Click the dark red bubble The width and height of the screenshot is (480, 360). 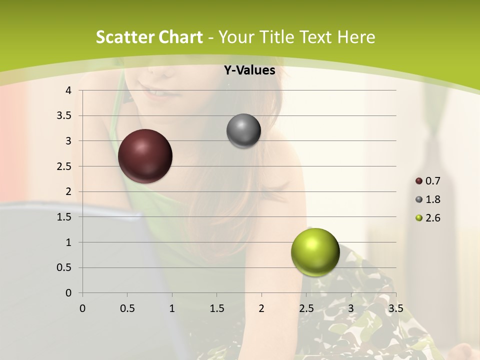click(x=145, y=156)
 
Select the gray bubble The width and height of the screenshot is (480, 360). click(x=243, y=131)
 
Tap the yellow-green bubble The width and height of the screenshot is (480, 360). click(x=315, y=252)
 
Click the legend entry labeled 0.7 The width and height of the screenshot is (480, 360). click(x=428, y=181)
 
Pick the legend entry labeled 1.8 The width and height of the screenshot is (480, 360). click(x=428, y=199)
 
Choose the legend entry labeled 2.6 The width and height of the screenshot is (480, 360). click(x=428, y=218)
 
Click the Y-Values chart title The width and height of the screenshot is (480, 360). click(x=249, y=70)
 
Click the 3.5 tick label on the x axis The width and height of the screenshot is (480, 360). click(x=395, y=308)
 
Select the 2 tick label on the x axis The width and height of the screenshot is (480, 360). click(x=261, y=308)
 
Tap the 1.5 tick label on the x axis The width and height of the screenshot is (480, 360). click(x=216, y=308)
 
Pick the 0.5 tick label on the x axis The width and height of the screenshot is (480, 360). click(x=127, y=308)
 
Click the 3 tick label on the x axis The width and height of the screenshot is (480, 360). click(x=351, y=308)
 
